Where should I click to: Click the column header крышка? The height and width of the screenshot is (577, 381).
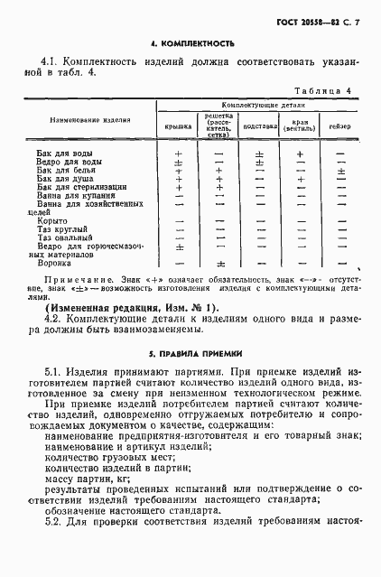click(178, 126)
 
